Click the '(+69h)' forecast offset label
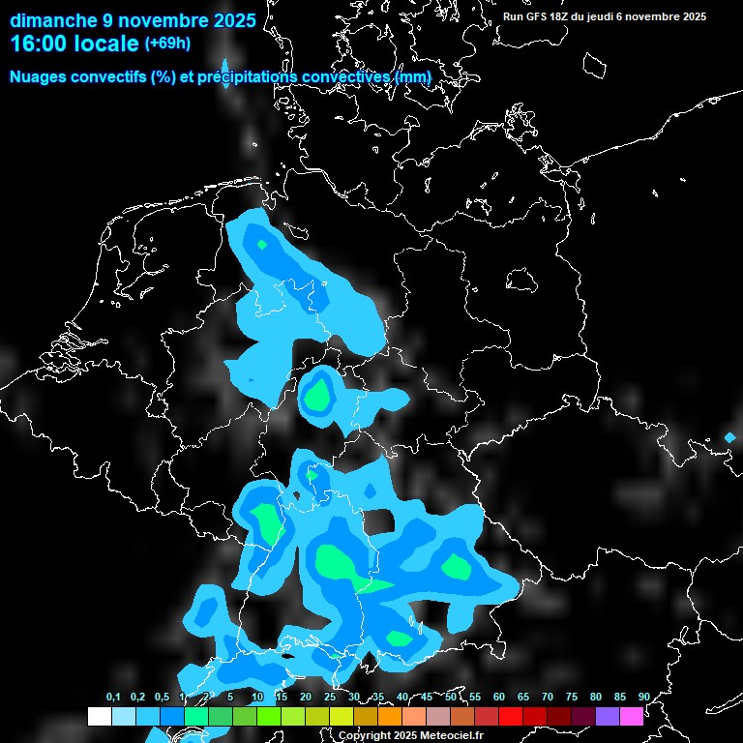(x=167, y=44)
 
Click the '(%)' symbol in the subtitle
(x=163, y=76)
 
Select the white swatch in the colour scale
(x=100, y=717)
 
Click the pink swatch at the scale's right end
(x=632, y=717)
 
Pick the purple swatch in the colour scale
(x=608, y=717)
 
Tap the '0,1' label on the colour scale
(x=113, y=698)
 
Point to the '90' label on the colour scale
(x=644, y=698)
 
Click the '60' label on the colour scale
(x=499, y=698)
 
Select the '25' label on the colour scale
(x=330, y=698)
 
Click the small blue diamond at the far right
(x=729, y=438)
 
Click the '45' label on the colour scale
(x=427, y=698)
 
